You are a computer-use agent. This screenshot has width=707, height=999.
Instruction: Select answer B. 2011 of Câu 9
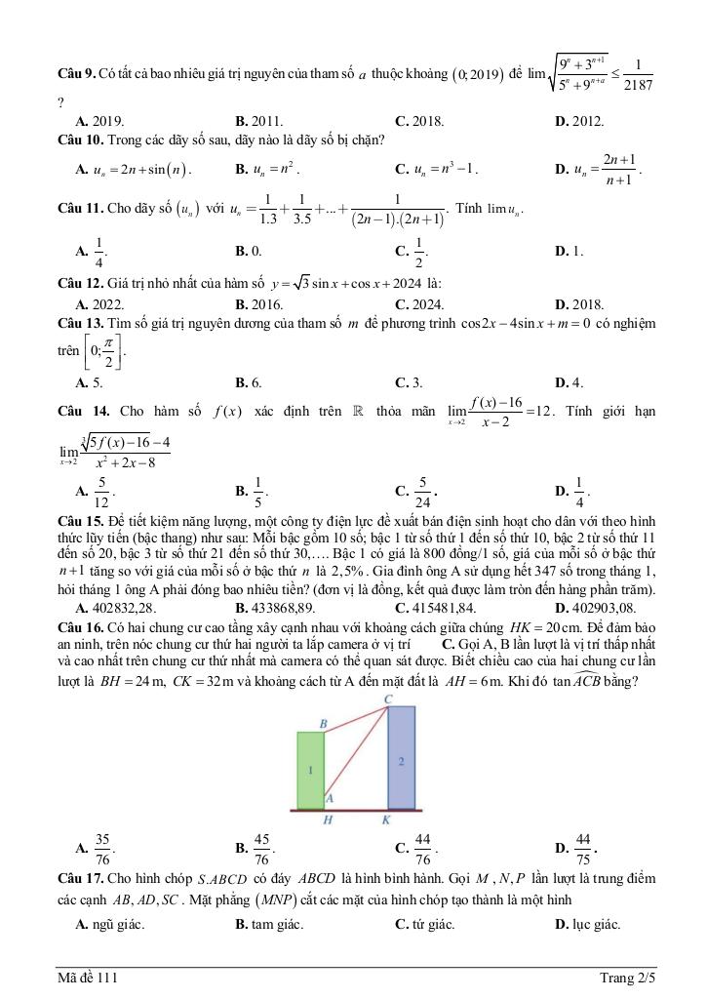(259, 122)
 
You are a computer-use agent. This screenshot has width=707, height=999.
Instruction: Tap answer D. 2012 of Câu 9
(579, 122)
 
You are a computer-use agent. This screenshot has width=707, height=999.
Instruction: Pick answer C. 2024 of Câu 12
(419, 303)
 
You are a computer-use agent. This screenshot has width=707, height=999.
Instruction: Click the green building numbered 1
(310, 771)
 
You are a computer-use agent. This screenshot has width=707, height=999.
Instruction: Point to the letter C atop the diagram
(388, 699)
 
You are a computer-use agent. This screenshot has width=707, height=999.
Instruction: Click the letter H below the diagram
(328, 820)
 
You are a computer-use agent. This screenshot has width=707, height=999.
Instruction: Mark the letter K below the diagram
(386, 820)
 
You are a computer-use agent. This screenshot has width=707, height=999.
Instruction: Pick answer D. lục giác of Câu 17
(587, 925)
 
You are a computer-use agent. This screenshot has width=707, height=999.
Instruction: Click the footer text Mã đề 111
(88, 977)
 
